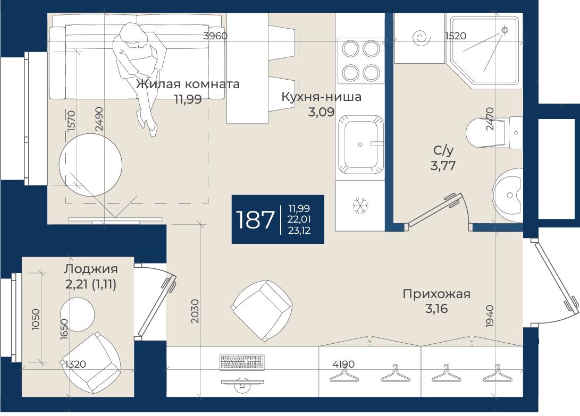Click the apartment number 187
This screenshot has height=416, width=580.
[x=255, y=219]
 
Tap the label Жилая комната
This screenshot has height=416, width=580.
[x=188, y=84]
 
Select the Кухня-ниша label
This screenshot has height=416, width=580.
[x=322, y=97]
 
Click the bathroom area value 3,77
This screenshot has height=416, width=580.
[x=443, y=165]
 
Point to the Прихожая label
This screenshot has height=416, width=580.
[x=436, y=294]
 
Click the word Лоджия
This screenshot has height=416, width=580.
[x=91, y=269]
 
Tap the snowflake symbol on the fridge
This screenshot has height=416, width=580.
[x=359, y=206]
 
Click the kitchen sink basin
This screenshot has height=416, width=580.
[x=360, y=145]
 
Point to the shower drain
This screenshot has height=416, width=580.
[x=505, y=30]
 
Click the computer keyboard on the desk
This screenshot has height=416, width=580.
[x=242, y=362]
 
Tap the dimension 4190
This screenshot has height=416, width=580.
[x=343, y=364]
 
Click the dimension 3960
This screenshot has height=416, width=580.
[x=215, y=36]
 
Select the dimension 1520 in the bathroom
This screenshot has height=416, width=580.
[x=456, y=36]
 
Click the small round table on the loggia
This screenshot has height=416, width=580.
[x=77, y=315]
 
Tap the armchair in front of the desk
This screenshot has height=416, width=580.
[x=262, y=310]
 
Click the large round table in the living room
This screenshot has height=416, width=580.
[x=90, y=165]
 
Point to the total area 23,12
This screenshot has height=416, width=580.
[x=299, y=231]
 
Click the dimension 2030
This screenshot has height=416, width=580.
[x=195, y=311]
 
